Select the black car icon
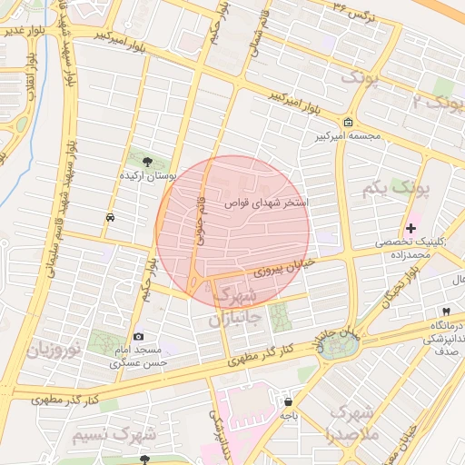(x=110, y=218)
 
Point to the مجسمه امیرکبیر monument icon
(x=349, y=124)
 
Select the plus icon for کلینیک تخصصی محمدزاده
(x=411, y=227)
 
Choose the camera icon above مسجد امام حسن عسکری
(x=138, y=336)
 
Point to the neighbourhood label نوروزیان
(x=54, y=349)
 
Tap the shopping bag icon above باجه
(x=288, y=401)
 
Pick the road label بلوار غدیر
(x=24, y=30)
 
